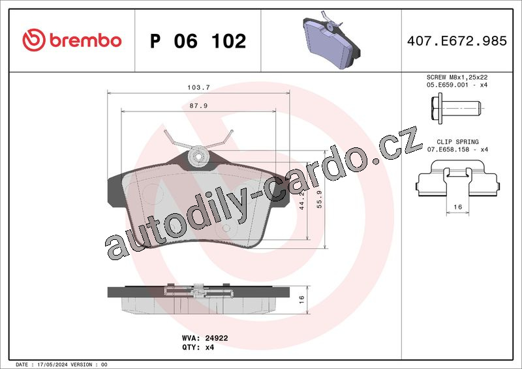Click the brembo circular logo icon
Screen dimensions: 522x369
pos(34,40)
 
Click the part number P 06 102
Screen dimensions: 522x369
pos(198,41)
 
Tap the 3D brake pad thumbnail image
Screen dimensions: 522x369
pos(331,40)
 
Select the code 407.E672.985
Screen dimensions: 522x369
pos(457,40)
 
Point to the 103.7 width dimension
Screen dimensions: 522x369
pos(199,87)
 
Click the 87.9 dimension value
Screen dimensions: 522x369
pos(199,106)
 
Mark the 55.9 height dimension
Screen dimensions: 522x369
pos(320,199)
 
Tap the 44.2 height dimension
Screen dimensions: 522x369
pos(302,201)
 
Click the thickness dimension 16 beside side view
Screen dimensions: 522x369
pos(301,299)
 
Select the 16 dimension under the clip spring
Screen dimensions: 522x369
pos(458,207)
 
